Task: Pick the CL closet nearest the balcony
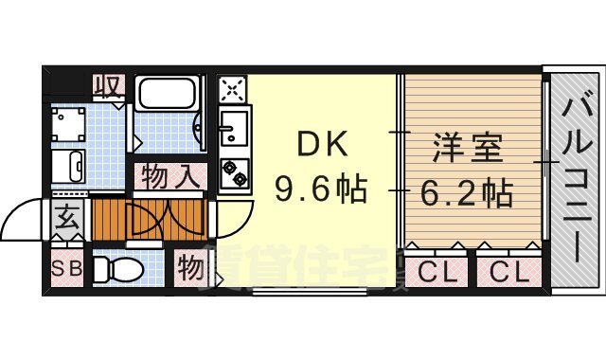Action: coord(509,273)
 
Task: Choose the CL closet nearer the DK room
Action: coord(437,273)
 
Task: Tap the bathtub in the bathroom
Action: coord(167,95)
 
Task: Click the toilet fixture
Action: coord(120,271)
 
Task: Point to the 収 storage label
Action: coord(109,87)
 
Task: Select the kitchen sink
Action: coord(234,126)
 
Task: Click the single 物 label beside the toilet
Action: coord(190,269)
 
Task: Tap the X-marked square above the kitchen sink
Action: coord(232,89)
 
